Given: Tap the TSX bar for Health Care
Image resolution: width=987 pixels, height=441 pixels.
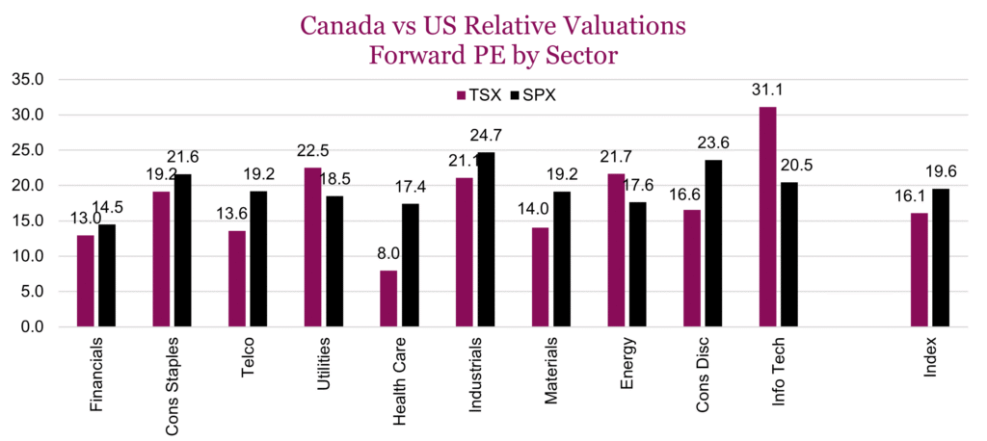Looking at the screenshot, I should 388,298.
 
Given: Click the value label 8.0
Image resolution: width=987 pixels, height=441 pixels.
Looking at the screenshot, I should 387,253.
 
